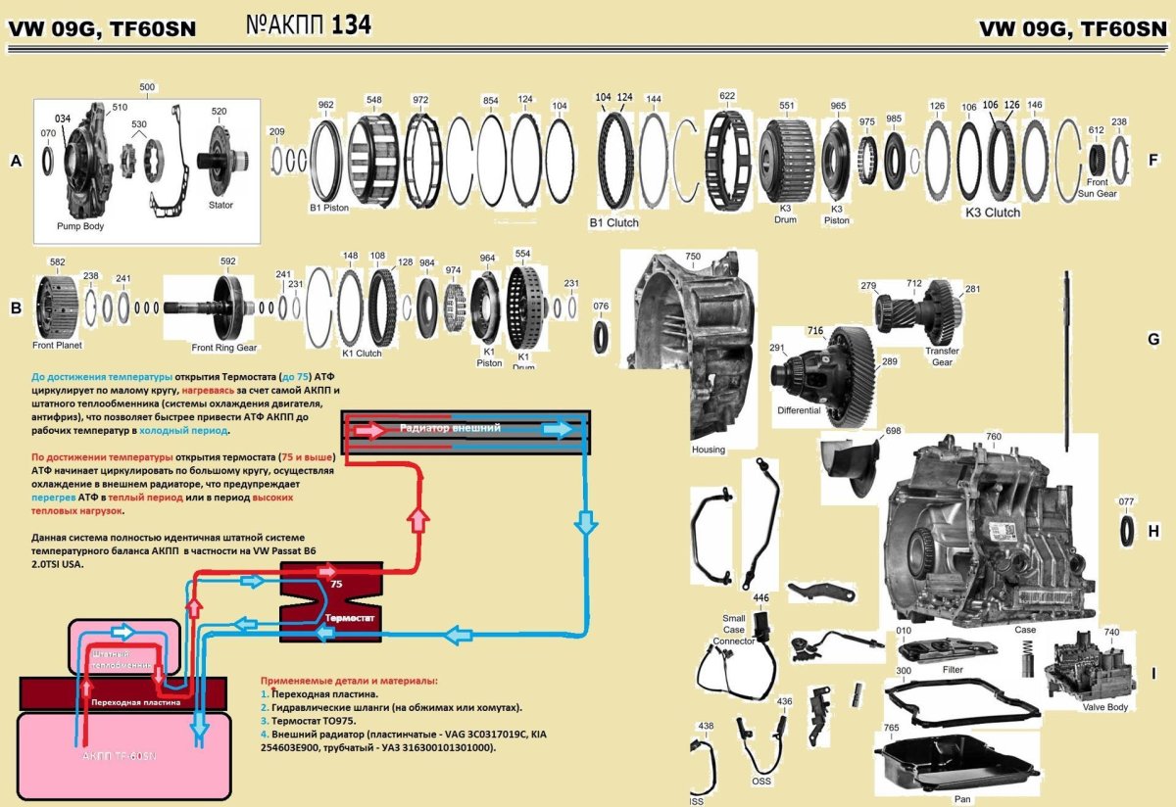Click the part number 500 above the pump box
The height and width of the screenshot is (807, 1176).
147,87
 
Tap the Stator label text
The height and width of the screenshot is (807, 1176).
220,205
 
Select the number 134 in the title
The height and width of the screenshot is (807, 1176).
351,26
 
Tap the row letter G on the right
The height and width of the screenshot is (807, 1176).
1153,339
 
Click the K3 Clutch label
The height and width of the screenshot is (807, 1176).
992,212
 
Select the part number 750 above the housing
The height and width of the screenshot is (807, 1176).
693,256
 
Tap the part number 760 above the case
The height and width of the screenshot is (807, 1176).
994,436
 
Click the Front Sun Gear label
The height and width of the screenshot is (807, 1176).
1098,188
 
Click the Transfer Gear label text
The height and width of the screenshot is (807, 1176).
941,356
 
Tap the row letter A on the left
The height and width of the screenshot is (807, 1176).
15,162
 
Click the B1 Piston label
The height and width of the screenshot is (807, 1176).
329,208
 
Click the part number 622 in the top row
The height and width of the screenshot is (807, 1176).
726,97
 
